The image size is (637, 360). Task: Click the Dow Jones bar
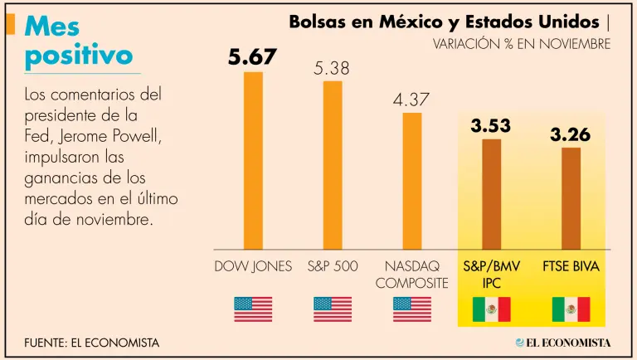253,160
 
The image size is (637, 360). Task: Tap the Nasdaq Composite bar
412,180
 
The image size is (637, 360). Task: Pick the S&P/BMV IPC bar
492,193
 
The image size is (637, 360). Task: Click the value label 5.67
253,57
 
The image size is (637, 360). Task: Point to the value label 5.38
333,68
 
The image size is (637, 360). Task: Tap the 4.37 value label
411,100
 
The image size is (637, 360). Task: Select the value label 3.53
491,126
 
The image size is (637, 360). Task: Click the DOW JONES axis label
253,267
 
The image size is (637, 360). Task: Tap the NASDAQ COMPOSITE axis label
411,275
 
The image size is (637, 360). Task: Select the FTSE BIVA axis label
571,267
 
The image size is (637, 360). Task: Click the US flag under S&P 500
333,309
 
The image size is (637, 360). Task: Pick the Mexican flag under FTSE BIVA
571,309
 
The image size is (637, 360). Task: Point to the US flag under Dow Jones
253,309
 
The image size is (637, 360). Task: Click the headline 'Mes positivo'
79,41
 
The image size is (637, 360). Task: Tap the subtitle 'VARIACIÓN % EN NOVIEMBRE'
522,43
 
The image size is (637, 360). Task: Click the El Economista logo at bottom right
563,342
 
